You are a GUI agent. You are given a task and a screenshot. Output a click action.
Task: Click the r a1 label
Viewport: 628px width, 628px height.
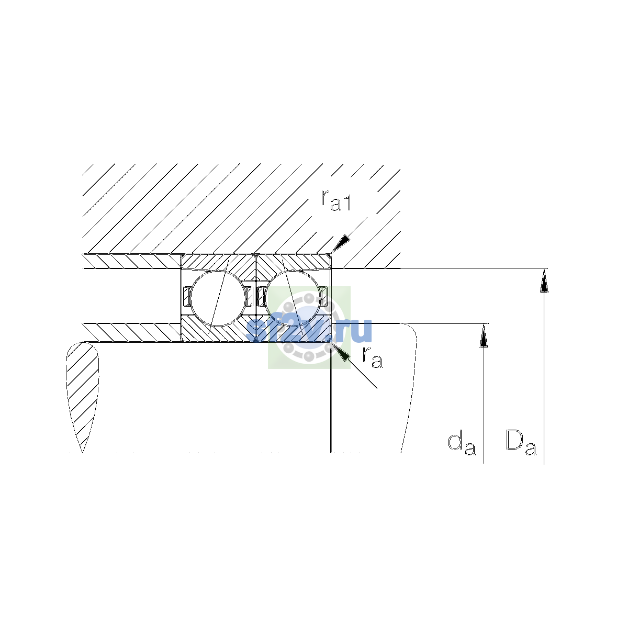[x=335, y=200]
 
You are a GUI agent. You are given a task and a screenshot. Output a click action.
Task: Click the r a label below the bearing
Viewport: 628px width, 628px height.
[x=372, y=357]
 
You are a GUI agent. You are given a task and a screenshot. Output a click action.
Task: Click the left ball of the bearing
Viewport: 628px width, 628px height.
[x=218, y=298]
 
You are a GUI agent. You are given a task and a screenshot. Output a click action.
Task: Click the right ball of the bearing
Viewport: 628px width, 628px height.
[x=293, y=298]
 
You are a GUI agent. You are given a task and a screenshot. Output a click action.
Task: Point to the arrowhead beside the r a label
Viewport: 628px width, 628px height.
[x=341, y=352]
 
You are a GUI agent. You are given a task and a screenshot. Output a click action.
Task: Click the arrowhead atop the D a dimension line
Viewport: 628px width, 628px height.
[x=544, y=281]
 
